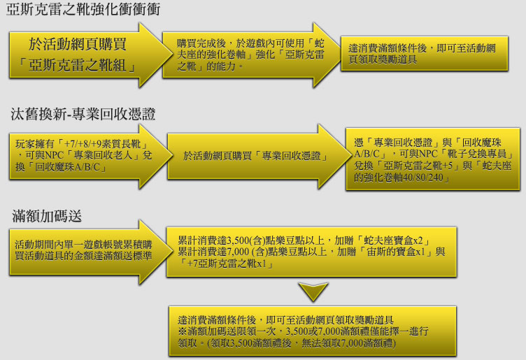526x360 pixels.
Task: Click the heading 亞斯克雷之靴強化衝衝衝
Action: (83, 10)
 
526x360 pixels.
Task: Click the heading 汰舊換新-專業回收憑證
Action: (82, 113)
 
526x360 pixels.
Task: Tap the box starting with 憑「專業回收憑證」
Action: (432, 159)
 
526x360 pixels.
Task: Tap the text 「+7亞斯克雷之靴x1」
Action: (223, 263)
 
